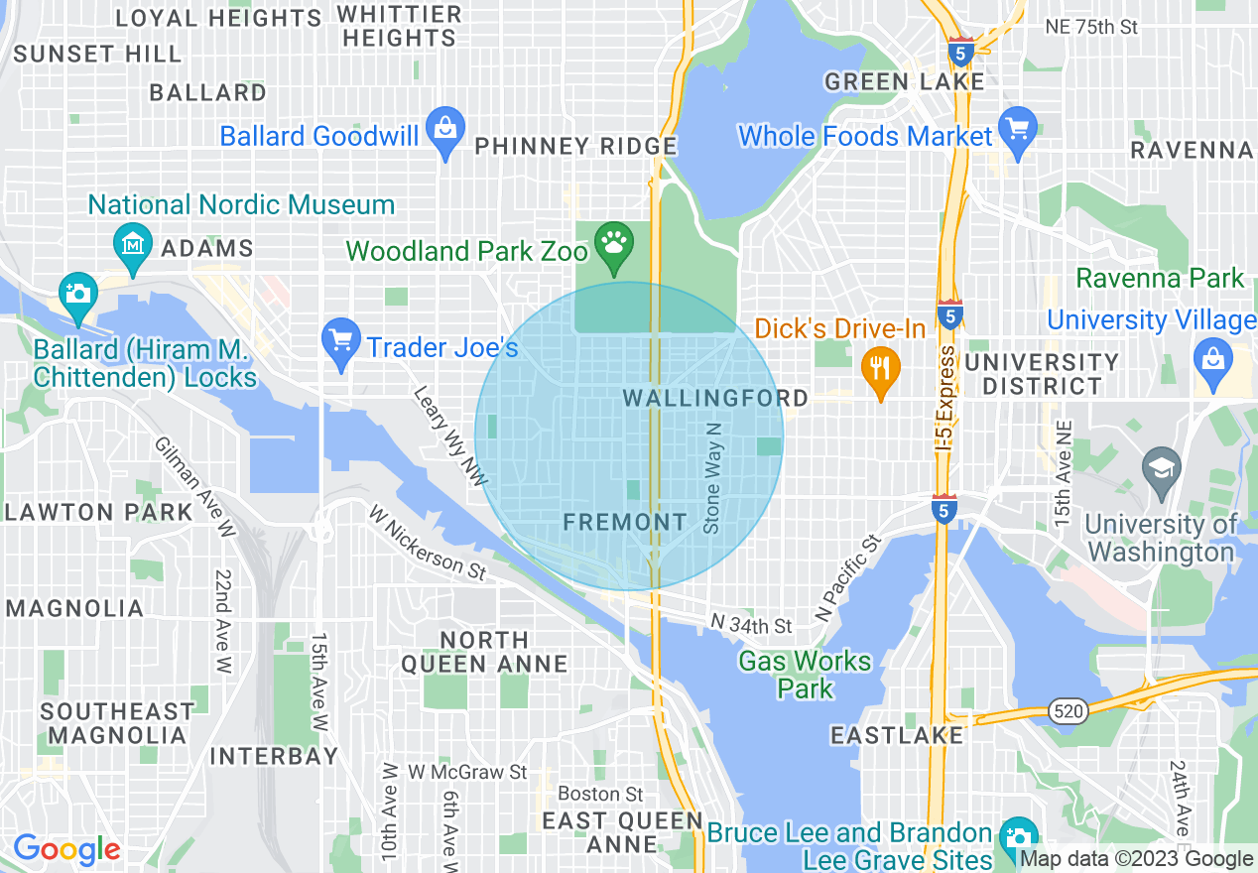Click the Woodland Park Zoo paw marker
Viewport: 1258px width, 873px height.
615,242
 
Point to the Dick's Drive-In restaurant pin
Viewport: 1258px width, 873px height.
880,368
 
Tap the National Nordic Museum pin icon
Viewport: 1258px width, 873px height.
132,244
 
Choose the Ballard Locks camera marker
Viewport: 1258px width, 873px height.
77,294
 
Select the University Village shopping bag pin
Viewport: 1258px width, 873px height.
1212,358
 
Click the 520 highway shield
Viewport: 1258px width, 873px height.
1069,710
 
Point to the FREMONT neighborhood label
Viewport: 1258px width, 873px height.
624,522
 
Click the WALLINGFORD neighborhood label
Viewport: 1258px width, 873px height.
715,398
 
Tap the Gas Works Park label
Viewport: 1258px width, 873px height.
805,674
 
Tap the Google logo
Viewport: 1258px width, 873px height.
66,850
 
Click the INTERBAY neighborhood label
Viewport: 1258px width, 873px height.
275,757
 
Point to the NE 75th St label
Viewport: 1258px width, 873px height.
1091,27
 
